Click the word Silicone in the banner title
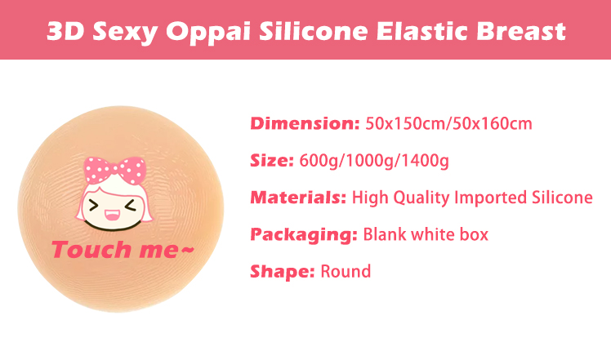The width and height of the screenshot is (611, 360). [x=314, y=31]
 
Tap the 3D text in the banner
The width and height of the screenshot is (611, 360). [x=65, y=31]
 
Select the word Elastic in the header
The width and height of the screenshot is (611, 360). [x=421, y=31]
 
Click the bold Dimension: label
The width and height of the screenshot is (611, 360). [x=305, y=123]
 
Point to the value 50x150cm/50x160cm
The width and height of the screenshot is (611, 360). [x=448, y=124]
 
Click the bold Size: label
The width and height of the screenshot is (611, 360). [x=271, y=161]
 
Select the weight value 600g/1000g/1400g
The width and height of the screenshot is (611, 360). [x=374, y=161]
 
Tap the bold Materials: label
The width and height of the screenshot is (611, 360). [x=298, y=198]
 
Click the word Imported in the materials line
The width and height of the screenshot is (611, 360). [x=491, y=198]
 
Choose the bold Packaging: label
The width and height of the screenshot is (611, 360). [x=304, y=234]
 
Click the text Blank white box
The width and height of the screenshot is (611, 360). [x=426, y=234]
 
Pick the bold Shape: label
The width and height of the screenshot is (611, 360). [x=282, y=272]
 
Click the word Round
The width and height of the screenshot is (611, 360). [x=346, y=272]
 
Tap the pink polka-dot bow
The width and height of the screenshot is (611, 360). [x=115, y=170]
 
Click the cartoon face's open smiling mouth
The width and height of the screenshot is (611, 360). [x=112, y=214]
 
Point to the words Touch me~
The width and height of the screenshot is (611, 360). [x=123, y=249]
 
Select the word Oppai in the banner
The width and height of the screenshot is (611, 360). [x=207, y=32]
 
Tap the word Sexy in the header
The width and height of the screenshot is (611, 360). [x=125, y=32]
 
